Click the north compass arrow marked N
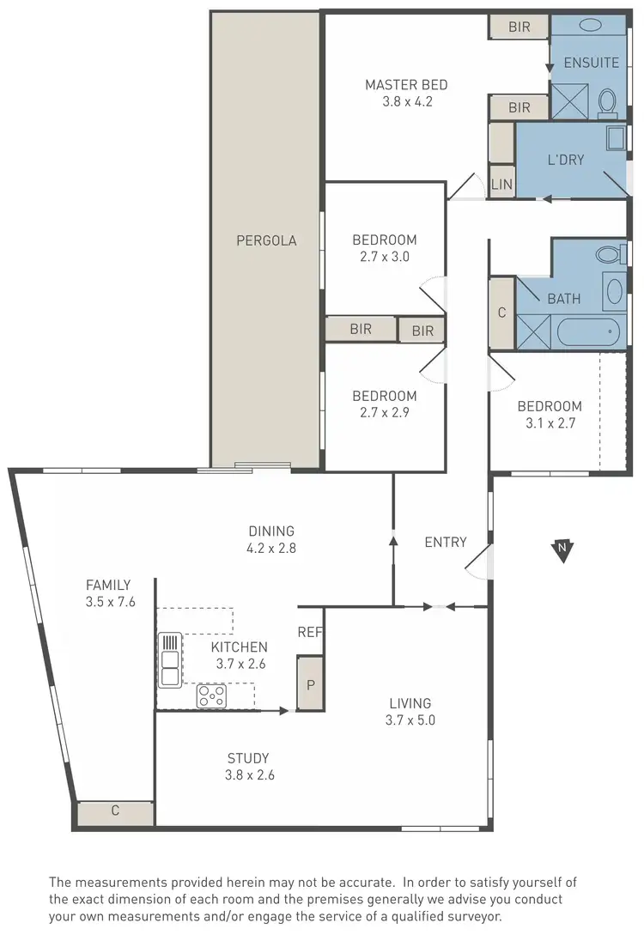(x=562, y=549)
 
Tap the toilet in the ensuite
(x=607, y=102)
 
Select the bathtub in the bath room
(x=586, y=331)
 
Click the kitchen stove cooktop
(x=210, y=695)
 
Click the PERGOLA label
(x=266, y=240)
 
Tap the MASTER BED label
(x=406, y=85)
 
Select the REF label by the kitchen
(x=309, y=632)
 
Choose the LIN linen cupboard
(x=501, y=184)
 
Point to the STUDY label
(x=248, y=758)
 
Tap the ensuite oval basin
(x=591, y=26)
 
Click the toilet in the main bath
(x=611, y=254)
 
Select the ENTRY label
(x=446, y=542)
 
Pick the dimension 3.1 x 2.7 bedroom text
(x=549, y=422)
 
